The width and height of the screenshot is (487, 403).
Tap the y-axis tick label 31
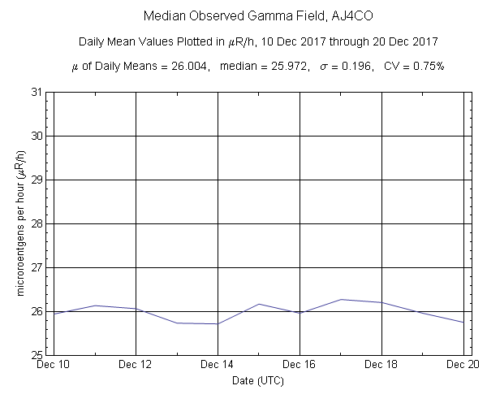pos(37,92)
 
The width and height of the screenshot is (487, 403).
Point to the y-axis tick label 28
pos(37,223)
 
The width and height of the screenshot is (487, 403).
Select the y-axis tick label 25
pos(37,355)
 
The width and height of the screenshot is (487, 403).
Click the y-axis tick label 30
pos(37,136)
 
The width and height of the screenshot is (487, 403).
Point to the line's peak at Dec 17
pos(341,299)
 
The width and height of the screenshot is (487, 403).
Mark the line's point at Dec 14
pos(218,323)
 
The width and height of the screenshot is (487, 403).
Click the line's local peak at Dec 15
pos(259,304)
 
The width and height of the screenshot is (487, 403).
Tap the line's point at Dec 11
pos(95,305)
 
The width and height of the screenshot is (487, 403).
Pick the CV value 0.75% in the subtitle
pos(427,65)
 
